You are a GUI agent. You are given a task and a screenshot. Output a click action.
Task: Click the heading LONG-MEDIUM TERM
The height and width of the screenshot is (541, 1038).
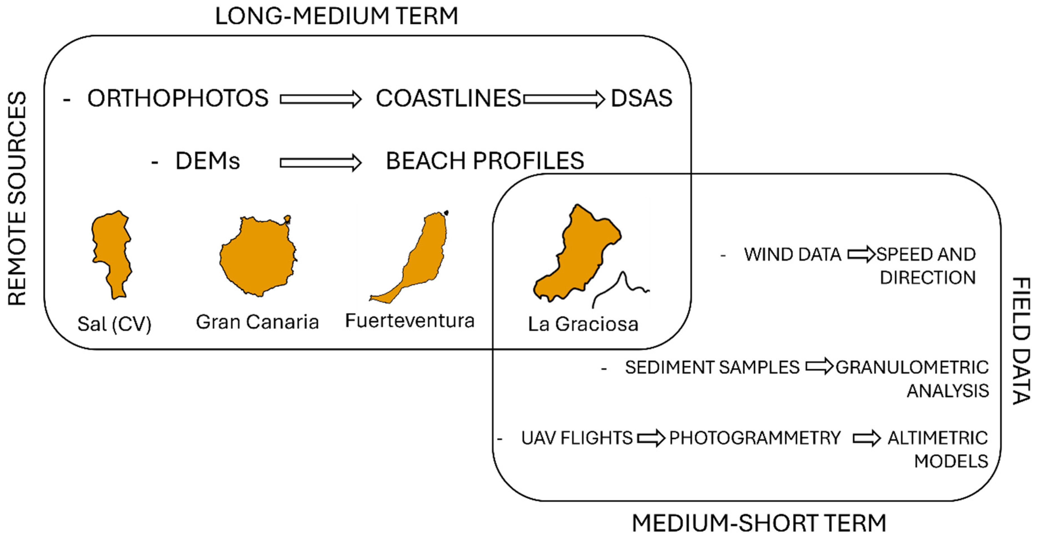[x=337, y=17]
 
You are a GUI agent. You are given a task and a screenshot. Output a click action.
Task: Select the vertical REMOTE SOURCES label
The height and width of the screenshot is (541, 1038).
[x=17, y=198]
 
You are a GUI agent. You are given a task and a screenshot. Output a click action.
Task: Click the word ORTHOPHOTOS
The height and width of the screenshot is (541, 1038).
[x=178, y=98]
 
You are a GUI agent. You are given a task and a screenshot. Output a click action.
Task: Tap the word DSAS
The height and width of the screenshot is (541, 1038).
[x=642, y=98]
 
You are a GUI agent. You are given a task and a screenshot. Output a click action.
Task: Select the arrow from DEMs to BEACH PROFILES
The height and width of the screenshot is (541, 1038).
[x=321, y=163]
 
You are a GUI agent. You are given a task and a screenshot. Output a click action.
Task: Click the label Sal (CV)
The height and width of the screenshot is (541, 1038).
[x=114, y=324]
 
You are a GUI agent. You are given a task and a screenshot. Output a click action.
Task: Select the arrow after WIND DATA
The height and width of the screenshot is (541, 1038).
[x=861, y=255]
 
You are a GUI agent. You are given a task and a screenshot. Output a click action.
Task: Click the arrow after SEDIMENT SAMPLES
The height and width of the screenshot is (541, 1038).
[x=819, y=366]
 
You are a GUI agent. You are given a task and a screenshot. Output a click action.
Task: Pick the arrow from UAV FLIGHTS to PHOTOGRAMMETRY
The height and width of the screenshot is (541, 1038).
[x=651, y=438]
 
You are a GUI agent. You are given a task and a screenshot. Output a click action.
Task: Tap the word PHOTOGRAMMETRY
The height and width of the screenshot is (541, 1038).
[x=755, y=438]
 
